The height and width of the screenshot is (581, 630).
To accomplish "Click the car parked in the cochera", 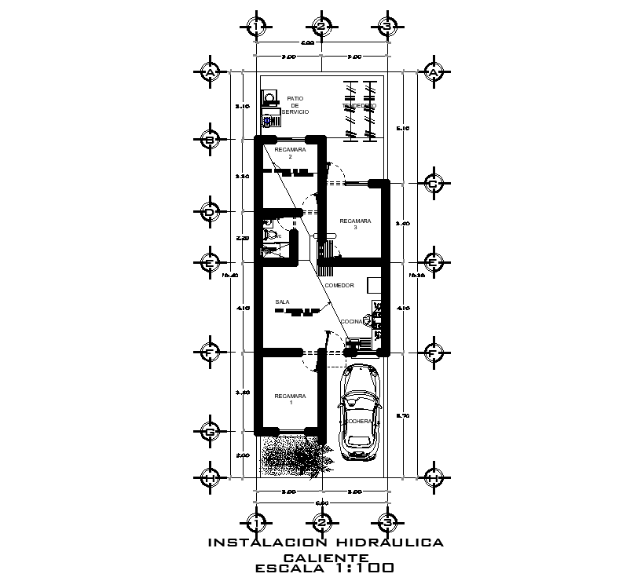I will click(358, 411).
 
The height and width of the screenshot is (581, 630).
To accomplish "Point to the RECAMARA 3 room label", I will click(354, 225).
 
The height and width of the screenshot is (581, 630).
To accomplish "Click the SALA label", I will click(282, 301).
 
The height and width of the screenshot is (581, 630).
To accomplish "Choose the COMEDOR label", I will click(339, 285).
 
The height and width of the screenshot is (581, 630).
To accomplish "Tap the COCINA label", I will click(351, 322).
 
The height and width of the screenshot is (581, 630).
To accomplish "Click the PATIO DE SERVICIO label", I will click(295, 105).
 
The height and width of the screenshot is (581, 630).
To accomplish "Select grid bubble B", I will click(210, 140).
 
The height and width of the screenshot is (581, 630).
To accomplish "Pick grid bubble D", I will click(210, 212).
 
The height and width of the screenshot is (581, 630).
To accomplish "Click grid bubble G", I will click(210, 431).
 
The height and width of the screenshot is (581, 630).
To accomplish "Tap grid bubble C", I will click(433, 184).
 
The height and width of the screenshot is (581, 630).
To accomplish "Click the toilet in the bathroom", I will click(269, 233).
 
